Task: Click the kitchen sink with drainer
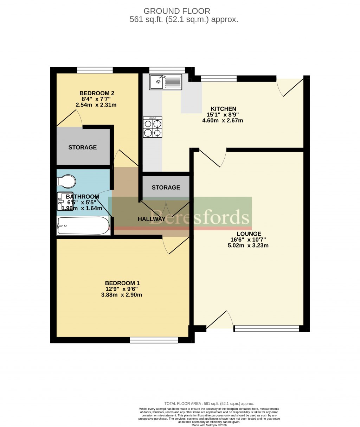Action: point(167,82)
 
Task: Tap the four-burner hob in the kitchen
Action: point(153,127)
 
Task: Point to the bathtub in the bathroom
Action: point(83,225)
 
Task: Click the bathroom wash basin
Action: point(65,202)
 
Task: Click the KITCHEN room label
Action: point(223,109)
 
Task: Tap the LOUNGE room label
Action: point(249,234)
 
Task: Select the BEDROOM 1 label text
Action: point(122,283)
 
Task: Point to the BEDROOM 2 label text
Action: point(97,93)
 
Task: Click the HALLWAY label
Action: point(151,219)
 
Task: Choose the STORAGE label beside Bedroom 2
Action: point(83,147)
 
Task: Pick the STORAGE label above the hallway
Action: point(166,187)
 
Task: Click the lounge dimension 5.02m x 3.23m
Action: point(248,246)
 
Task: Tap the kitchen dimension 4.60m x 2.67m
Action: point(223,121)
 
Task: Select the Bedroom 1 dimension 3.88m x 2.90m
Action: point(122,295)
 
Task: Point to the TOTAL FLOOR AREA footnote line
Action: point(209,403)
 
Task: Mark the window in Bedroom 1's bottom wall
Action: point(154,340)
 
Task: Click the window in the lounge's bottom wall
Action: point(266,329)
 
